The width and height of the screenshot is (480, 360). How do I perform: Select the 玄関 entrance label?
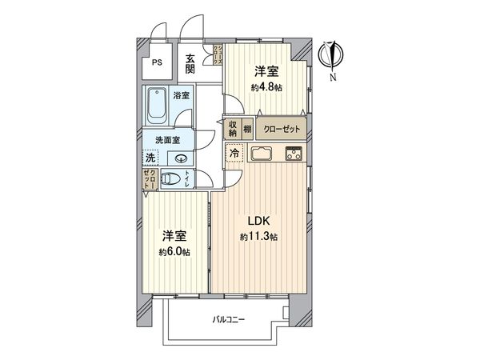coord(190,63)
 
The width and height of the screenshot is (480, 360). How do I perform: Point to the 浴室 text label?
coord(181,96)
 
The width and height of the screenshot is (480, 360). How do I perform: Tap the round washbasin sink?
coord(179,158)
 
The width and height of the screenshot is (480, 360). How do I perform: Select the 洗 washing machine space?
coord(150,158)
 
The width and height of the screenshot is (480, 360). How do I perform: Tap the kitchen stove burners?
coord(293,154)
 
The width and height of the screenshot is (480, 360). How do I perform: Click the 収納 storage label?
coord(232,128)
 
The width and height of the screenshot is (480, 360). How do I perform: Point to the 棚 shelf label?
coord(248,128)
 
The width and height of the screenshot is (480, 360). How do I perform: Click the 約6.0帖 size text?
coord(174,253)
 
